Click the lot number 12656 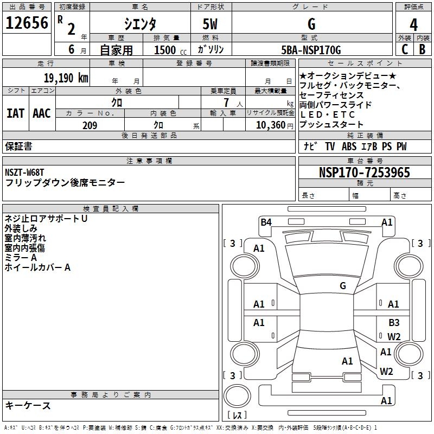(27, 24)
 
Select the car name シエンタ (139, 24)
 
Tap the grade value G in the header (311, 24)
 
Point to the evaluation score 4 (413, 25)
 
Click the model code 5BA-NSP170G (311, 50)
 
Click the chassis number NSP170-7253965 (364, 173)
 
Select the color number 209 (90, 125)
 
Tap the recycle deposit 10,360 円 (270, 125)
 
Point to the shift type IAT (15, 113)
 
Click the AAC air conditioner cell (41, 113)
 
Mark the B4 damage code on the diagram (266, 222)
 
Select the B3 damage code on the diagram (394, 323)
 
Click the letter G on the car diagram (343, 286)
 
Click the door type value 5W (211, 24)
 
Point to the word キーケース (28, 405)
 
